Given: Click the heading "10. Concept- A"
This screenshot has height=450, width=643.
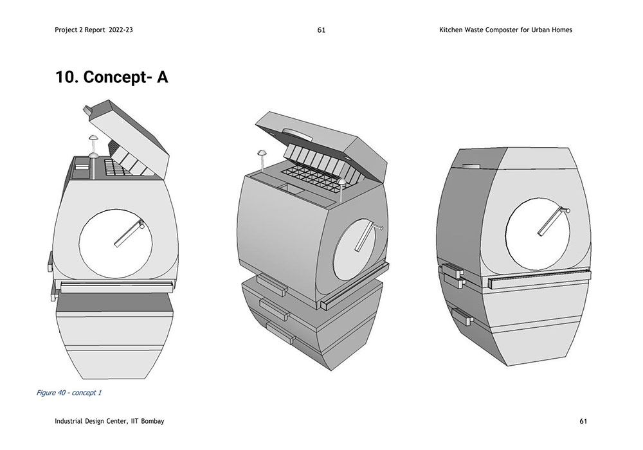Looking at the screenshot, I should pyautogui.click(x=112, y=77).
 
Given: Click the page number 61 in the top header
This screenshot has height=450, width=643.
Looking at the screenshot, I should pyautogui.click(x=321, y=30).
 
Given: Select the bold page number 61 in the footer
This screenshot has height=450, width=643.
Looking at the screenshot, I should pyautogui.click(x=583, y=421).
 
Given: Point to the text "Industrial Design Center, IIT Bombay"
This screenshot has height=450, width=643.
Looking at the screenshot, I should pyautogui.click(x=110, y=421).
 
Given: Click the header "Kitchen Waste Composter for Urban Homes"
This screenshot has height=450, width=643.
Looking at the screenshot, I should pyautogui.click(x=503, y=30).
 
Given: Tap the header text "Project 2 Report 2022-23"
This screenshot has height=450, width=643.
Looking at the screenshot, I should pyautogui.click(x=98, y=30).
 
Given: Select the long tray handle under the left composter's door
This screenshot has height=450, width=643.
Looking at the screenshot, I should pyautogui.click(x=116, y=283).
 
